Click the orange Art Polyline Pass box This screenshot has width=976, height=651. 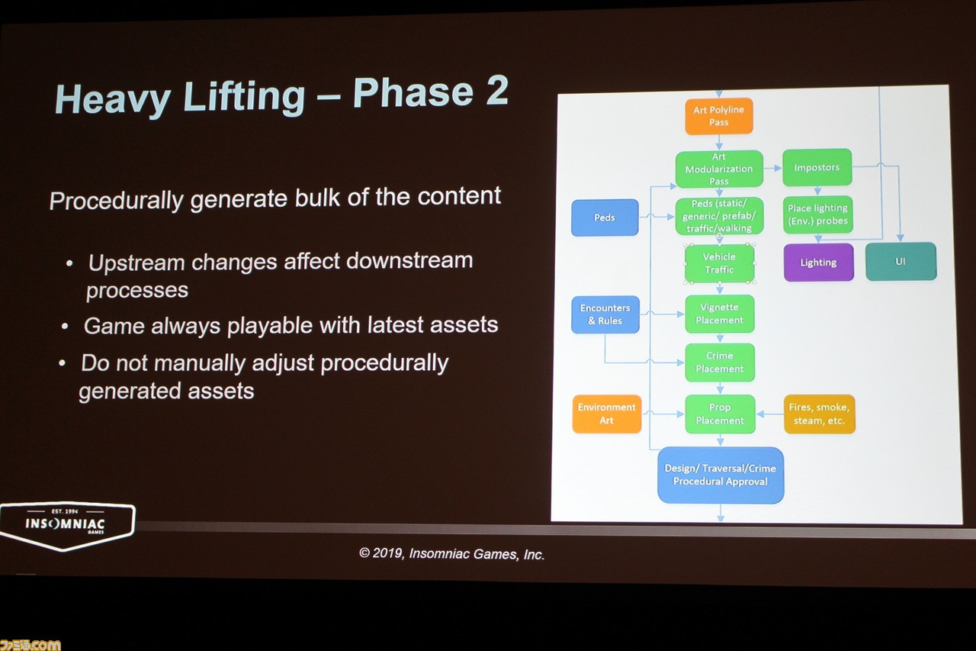(x=718, y=116)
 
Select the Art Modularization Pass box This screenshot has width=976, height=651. (x=719, y=169)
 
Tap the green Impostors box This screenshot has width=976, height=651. (x=817, y=167)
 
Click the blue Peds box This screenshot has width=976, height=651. (x=605, y=218)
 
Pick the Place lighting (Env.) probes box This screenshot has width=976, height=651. (x=818, y=214)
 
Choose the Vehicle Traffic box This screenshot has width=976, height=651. (x=719, y=263)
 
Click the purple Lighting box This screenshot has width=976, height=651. (x=818, y=262)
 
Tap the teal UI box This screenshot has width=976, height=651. (x=901, y=261)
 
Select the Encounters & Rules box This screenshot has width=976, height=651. (x=605, y=314)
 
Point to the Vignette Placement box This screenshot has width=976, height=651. (x=720, y=314)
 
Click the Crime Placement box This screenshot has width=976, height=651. (x=720, y=363)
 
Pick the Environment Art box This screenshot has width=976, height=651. (x=606, y=414)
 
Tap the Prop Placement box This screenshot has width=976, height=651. (x=720, y=414)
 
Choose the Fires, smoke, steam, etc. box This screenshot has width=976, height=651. (x=819, y=414)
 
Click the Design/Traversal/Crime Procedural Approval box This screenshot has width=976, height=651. (x=721, y=475)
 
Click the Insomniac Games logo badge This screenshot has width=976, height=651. (x=66, y=525)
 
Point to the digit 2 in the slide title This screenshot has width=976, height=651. (x=497, y=90)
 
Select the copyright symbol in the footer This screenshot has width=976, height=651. (x=364, y=553)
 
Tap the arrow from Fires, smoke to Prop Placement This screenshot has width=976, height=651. (x=770, y=414)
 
